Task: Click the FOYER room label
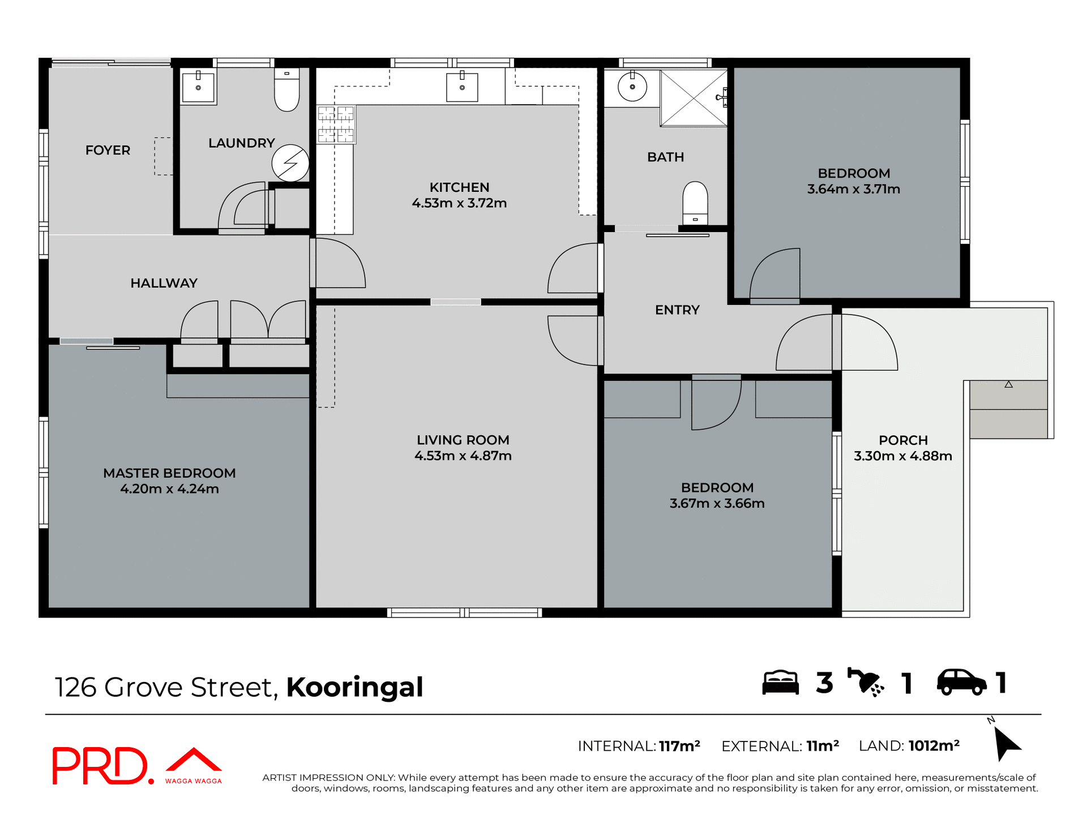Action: [x=108, y=150]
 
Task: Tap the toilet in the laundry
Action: [x=286, y=91]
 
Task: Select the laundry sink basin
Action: [x=198, y=87]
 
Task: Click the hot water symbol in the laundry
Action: [x=290, y=163]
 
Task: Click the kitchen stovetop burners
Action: [x=336, y=124]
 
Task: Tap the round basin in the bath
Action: [x=632, y=87]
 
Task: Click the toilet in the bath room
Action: [x=695, y=203]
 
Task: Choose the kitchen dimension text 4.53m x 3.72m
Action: [x=459, y=203]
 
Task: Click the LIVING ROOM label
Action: [x=463, y=440]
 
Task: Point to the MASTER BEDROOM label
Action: [x=169, y=473]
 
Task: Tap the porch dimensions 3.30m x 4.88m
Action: [x=903, y=456]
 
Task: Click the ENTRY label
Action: [x=677, y=310]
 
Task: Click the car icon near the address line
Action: [x=961, y=682]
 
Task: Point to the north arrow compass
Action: [x=1005, y=743]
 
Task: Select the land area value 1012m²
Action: [x=934, y=746]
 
